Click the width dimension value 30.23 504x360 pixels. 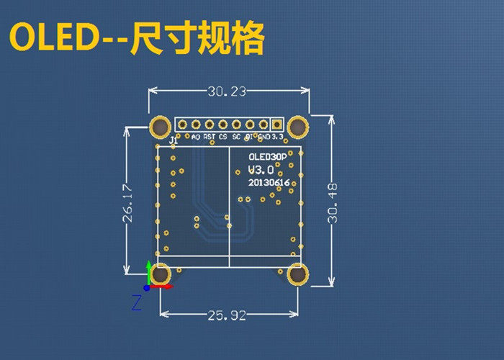point(228,91)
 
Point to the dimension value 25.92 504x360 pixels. point(229,315)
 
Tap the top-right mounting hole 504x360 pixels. point(298,127)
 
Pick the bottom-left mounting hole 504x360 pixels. point(160,274)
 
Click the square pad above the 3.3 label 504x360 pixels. point(277,124)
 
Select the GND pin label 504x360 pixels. point(264,136)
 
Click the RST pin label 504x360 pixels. point(209,136)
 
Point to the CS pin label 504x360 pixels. point(223,136)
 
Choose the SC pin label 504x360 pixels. point(236,136)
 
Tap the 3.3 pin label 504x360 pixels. point(278,136)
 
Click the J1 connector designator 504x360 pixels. point(172,140)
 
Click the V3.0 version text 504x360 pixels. point(260,170)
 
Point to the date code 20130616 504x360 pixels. point(269,183)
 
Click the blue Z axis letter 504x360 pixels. point(136,303)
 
